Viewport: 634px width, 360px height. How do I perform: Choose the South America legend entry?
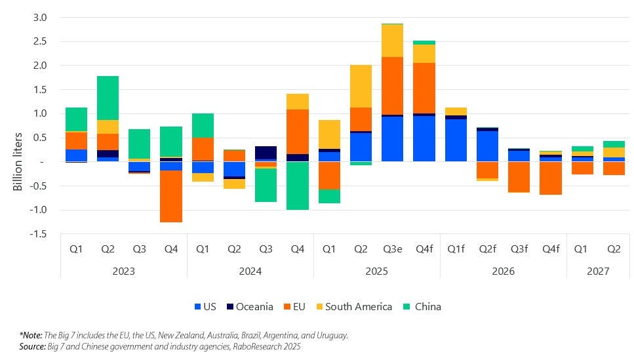358,306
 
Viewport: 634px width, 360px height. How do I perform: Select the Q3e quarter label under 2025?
393,249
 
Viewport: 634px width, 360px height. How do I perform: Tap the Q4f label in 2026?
551,249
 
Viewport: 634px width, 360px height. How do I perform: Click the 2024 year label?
250,271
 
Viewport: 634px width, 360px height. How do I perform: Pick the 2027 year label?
598,271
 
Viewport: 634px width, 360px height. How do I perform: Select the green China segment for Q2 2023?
108,98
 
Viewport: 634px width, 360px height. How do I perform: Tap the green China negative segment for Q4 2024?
298,186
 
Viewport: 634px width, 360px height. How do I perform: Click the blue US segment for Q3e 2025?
393,139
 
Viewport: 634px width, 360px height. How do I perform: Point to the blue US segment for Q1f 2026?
456,140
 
